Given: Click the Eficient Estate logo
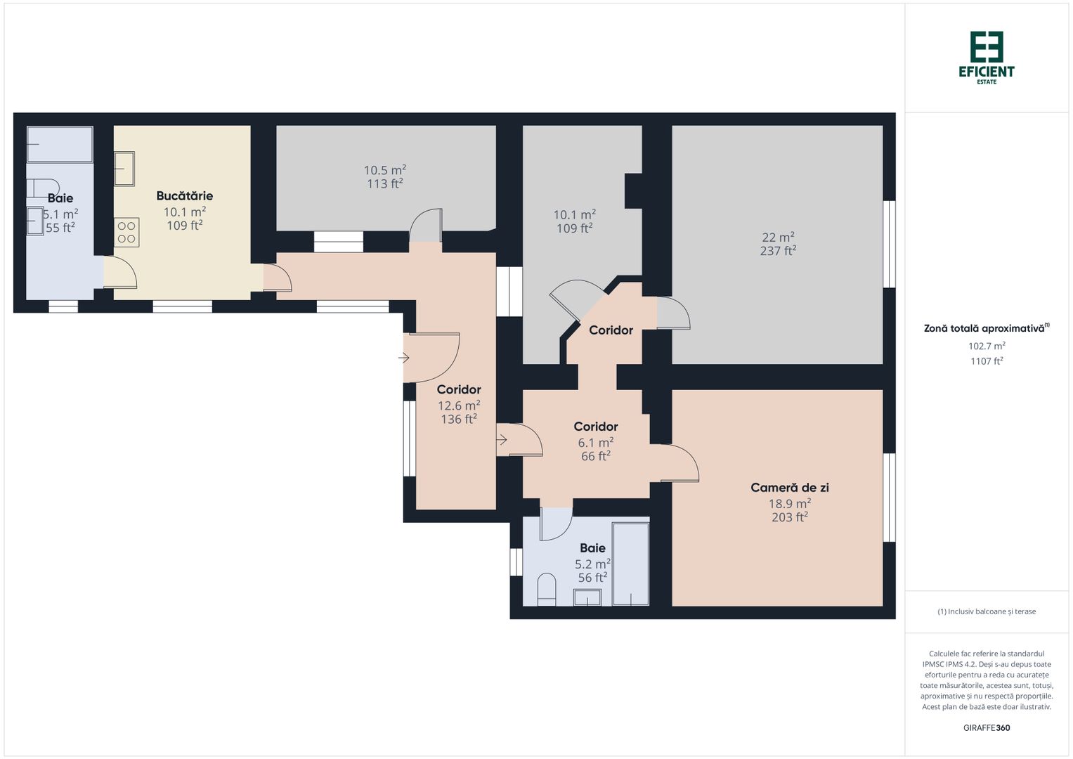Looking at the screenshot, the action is tap(987, 58).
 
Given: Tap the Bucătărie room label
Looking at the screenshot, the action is tap(184, 196).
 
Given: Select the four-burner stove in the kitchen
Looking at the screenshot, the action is tap(126, 233).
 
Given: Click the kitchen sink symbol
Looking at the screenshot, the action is tap(124, 169).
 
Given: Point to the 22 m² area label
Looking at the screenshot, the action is tap(778, 238).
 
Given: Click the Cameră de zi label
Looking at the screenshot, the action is tap(789, 488).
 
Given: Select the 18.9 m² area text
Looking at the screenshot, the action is tap(789, 504).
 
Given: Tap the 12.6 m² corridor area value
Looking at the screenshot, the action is tap(458, 406).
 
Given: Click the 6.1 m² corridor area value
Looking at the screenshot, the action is tap(595, 442).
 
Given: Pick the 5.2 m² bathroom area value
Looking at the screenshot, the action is tap(592, 564).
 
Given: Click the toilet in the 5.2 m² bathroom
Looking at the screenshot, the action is tap(546, 590).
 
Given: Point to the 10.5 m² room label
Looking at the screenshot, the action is tap(384, 170).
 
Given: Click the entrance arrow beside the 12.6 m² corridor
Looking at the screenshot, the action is tap(403, 358).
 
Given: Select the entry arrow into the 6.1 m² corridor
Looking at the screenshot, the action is tap(502, 439).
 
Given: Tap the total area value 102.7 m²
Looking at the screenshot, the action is tap(987, 346).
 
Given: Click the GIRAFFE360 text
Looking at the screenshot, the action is tap(987, 728).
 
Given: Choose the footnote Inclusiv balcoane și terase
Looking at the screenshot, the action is tap(987, 611).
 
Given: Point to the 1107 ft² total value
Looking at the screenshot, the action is tap(987, 361).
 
